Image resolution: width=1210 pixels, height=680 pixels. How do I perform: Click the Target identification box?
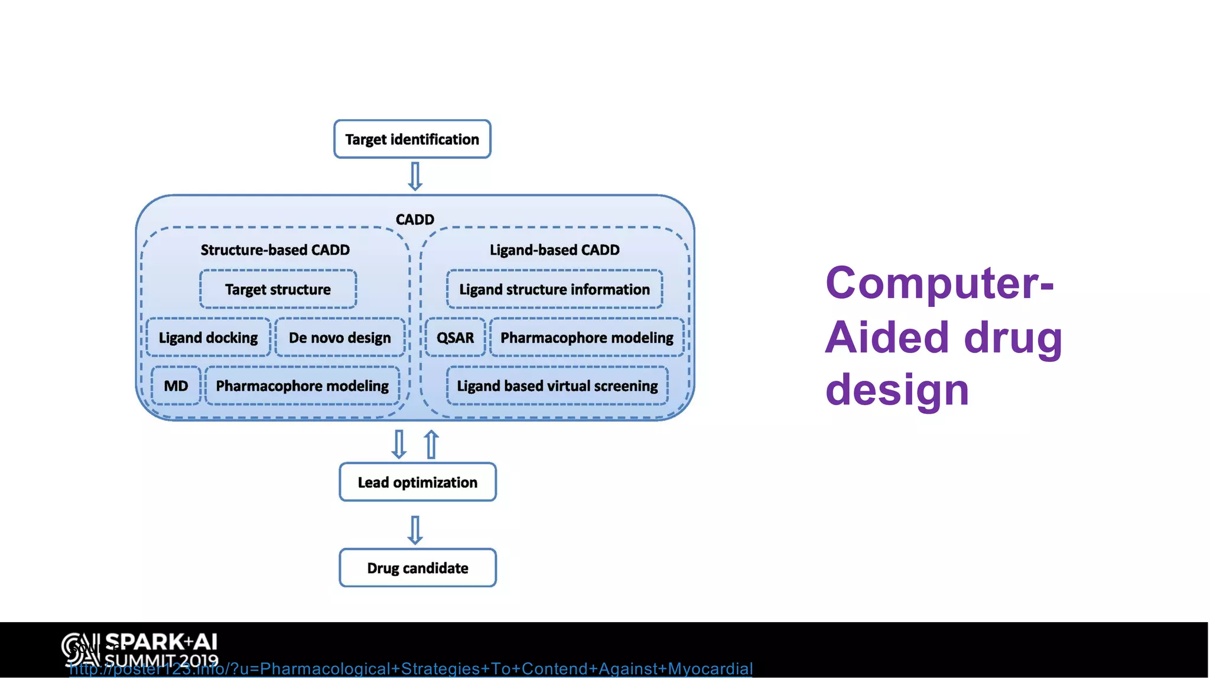pos(412,139)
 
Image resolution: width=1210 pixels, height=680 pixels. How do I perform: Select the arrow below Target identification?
pos(415,176)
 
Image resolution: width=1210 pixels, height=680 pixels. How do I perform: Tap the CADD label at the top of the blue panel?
pos(415,220)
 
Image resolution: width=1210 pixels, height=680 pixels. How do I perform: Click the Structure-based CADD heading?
pos(275,250)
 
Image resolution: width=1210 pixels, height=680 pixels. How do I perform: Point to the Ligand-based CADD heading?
pos(554,250)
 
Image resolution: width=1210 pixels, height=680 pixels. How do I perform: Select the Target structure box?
pos(278,289)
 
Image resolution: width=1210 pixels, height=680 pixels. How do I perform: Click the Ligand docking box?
pos(208,338)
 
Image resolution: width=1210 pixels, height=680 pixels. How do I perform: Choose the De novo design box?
pos(340,338)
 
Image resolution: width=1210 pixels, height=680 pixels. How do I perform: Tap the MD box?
pos(176,386)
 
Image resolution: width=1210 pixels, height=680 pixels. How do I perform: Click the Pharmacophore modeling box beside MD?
pos(302,386)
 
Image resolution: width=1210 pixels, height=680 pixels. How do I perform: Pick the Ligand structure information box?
pos(554,289)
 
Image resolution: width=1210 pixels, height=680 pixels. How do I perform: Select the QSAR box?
pos(455,338)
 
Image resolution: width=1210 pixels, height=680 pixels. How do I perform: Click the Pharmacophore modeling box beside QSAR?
pos(587,338)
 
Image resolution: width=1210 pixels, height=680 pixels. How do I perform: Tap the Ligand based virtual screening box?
pos(557,386)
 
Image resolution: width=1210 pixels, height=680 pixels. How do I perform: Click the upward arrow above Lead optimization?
pos(432,444)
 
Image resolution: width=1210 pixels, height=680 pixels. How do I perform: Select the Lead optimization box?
pos(417,482)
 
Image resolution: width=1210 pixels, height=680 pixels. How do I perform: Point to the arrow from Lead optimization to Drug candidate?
pos(415,529)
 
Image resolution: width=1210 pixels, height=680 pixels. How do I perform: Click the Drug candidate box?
pos(417,568)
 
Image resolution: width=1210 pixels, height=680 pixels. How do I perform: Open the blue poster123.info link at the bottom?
pos(411,669)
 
